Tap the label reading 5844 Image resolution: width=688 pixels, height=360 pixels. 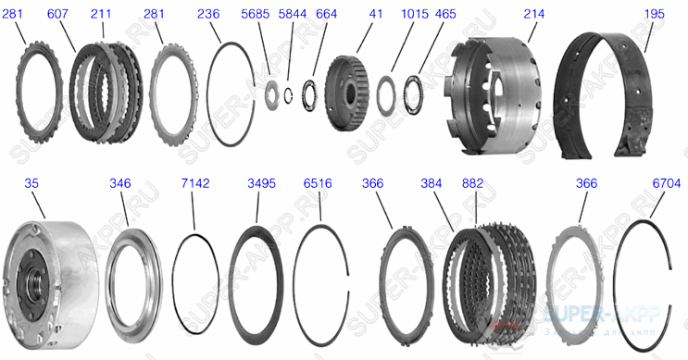tap(293, 14)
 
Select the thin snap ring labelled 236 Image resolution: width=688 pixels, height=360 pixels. tap(231, 93)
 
